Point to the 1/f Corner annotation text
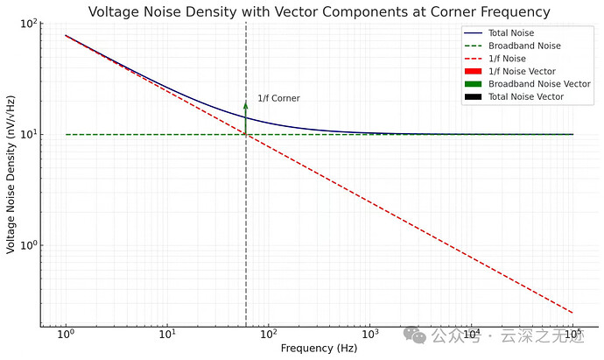pos(278,98)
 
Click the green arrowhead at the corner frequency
pos(246,105)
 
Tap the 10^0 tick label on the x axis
pos(66,335)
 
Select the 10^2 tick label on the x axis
pos(269,335)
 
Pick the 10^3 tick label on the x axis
pos(370,335)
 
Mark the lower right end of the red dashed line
pos(573,313)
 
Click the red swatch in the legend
pos(472,71)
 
